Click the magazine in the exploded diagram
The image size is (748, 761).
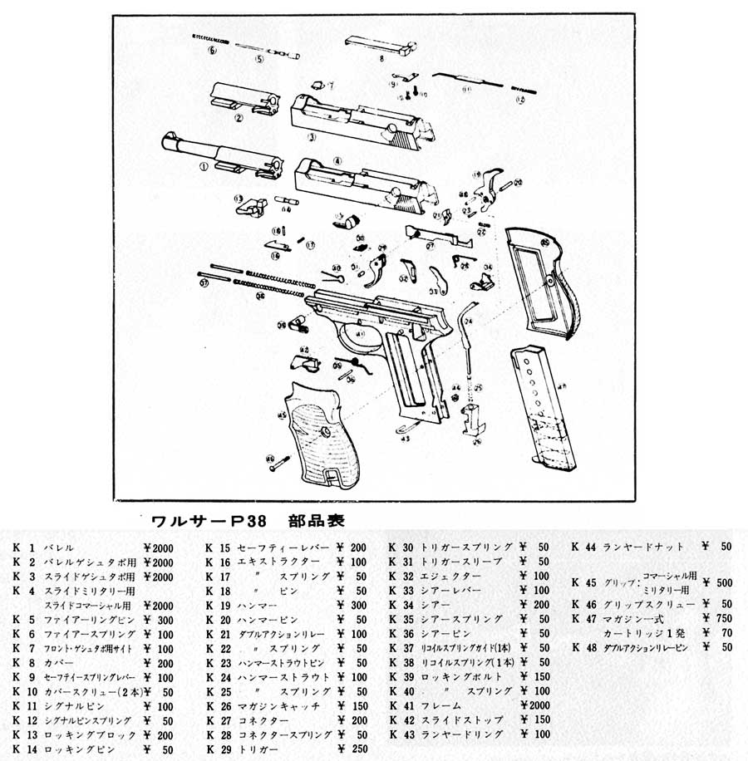tap(541, 407)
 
